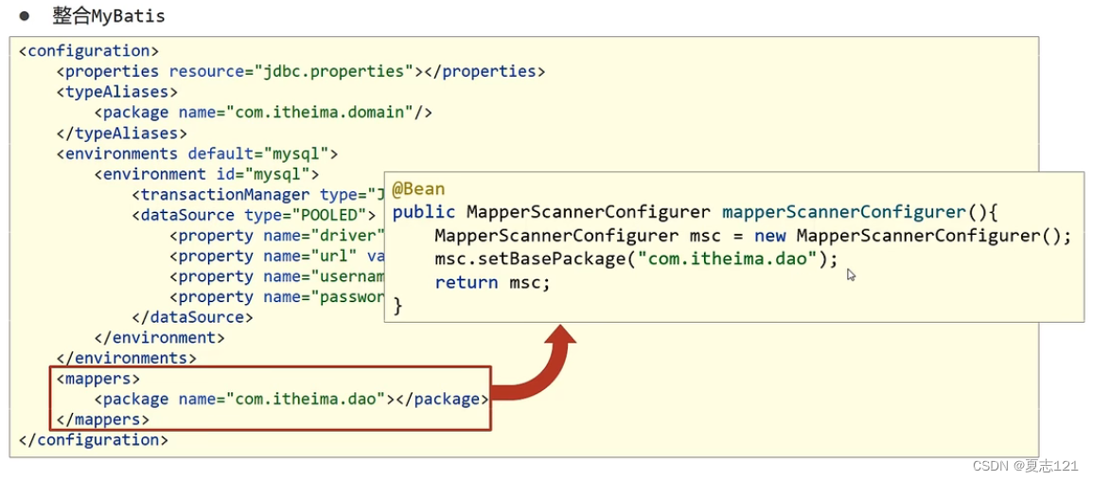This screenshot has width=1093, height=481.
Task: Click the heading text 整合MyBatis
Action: tap(109, 16)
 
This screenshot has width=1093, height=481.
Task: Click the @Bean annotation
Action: tap(418, 189)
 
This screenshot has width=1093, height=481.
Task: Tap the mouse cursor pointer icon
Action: tap(851, 275)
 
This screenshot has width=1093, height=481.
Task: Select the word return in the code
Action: tap(466, 282)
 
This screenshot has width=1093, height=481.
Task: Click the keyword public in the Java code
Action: tap(424, 212)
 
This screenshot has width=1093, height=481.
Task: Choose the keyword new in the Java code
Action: tap(769, 236)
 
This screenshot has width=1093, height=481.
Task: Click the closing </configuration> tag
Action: tap(93, 440)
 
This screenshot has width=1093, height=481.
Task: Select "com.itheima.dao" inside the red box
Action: tap(305, 399)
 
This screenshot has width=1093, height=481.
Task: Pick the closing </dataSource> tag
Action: tap(192, 317)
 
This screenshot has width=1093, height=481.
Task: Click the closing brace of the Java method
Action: tap(397, 305)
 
